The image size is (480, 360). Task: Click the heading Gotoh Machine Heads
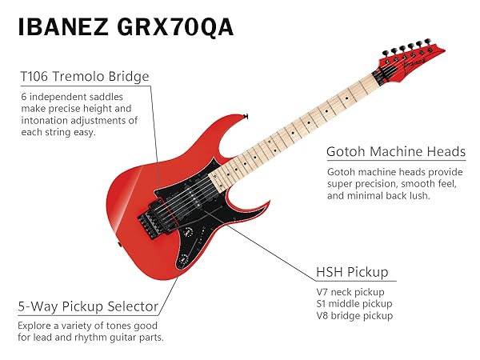click(396, 152)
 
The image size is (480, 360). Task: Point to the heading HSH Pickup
click(352, 273)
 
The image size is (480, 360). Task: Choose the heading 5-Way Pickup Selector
click(88, 306)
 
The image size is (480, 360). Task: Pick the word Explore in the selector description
click(37, 326)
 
